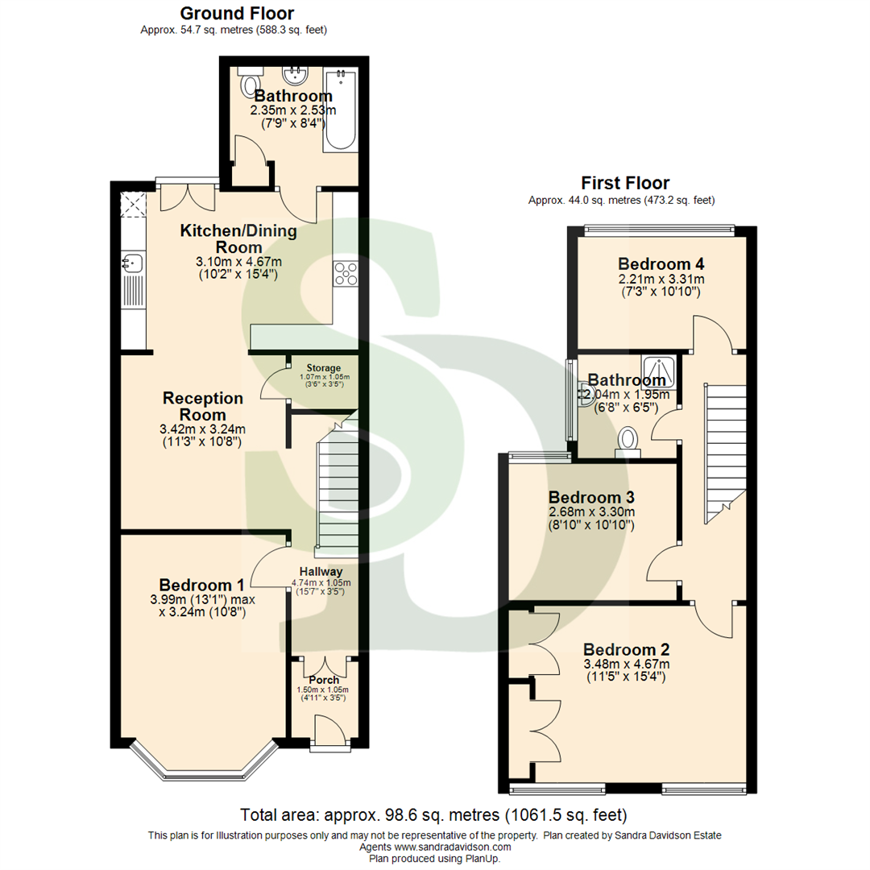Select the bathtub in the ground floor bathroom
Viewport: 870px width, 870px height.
click(x=341, y=110)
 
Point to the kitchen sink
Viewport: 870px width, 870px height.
click(x=133, y=263)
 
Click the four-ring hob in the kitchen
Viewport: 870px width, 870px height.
click(x=346, y=273)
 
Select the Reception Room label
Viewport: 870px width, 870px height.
click(x=203, y=406)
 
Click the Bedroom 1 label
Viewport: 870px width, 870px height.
click(x=201, y=585)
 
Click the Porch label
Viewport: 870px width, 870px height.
click(x=325, y=680)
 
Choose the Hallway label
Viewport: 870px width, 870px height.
click(x=321, y=571)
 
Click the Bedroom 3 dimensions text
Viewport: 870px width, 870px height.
click(x=592, y=519)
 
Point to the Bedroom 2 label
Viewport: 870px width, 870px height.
click(x=627, y=649)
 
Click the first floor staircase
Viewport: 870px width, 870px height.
click(x=723, y=451)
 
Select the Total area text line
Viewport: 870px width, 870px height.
click(x=434, y=814)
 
